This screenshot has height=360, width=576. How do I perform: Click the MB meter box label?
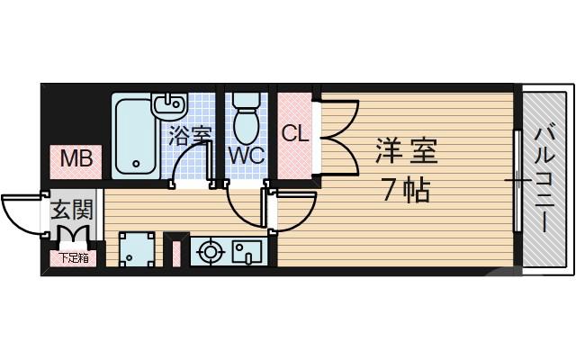75,160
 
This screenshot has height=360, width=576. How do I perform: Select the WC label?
245,154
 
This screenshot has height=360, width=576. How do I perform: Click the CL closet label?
295,134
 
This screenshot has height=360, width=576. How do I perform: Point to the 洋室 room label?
407,151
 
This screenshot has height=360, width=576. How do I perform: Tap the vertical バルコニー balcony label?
544,180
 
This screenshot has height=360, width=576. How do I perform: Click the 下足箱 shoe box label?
74,258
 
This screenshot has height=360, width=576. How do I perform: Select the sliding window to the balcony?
517,180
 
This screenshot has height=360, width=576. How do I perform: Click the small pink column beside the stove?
175,253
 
